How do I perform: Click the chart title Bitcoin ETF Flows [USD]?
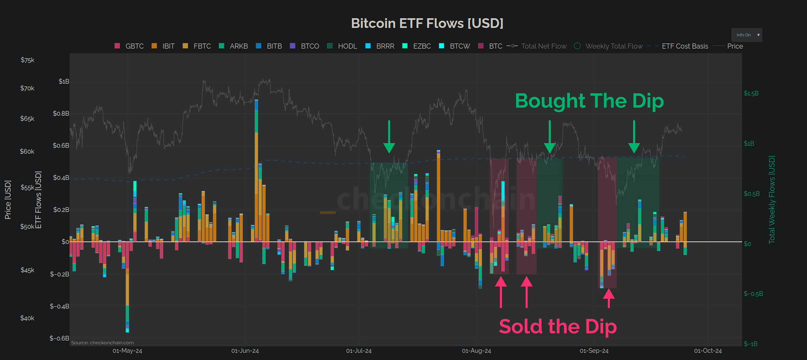click(427, 23)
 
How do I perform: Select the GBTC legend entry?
click(129, 46)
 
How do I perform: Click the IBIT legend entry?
click(163, 46)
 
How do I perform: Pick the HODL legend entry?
click(342, 46)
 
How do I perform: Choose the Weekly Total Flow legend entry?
click(609, 46)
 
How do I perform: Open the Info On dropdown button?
click(746, 35)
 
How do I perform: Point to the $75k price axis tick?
click(28, 60)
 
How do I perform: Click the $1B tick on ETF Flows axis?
click(64, 81)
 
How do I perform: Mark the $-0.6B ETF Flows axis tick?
click(59, 338)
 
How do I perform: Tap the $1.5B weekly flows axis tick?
click(751, 93)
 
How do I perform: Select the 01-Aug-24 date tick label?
click(476, 351)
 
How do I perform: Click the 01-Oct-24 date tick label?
click(707, 351)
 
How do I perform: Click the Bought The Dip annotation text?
click(589, 101)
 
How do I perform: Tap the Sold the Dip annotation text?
click(558, 326)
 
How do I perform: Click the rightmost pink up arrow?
click(609, 298)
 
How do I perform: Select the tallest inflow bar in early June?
click(257, 168)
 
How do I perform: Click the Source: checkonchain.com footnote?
click(102, 343)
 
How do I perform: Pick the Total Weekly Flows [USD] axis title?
click(772, 199)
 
